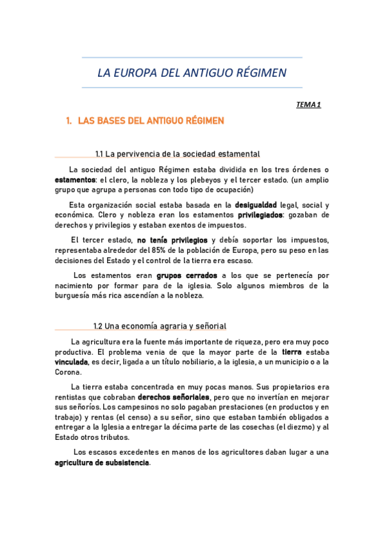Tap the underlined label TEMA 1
pyautogui.click(x=308, y=104)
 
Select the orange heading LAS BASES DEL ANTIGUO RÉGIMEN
pyautogui.click(x=151, y=120)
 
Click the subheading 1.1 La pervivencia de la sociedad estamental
pyautogui.click(x=177, y=154)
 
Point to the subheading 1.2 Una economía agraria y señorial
pyautogui.click(x=160, y=326)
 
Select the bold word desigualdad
pyautogui.click(x=256, y=205)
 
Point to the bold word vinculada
pyautogui.click(x=72, y=362)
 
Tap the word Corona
pyautogui.click(x=68, y=372)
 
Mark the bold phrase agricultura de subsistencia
pyautogui.click(x=102, y=462)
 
